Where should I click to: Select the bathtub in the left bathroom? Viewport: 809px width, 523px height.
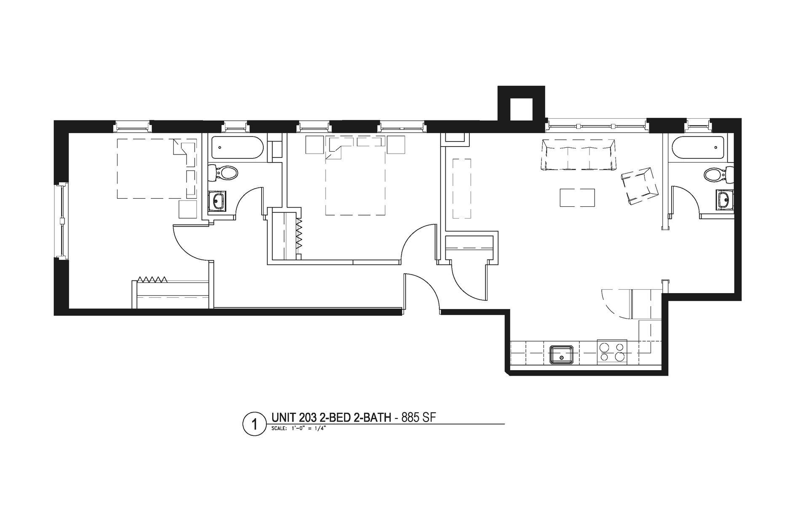tap(237, 147)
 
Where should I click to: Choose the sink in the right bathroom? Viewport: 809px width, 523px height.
tap(724, 199)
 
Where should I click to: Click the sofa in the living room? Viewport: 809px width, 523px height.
tap(579, 155)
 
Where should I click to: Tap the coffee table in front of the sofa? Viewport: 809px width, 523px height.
tap(577, 197)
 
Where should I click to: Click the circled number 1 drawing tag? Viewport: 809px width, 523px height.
tap(254, 424)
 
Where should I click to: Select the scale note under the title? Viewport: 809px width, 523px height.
tap(299, 429)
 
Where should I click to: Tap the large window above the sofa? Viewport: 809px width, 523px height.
tap(597, 125)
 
